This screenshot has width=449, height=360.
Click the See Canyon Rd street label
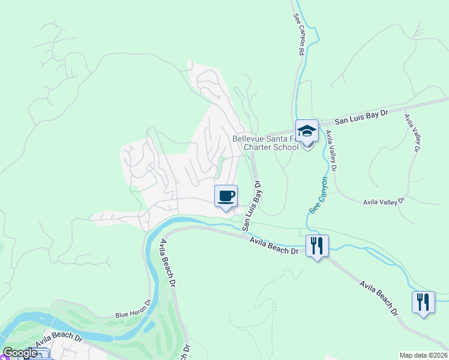[297, 36]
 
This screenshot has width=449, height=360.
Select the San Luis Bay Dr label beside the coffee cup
[253, 205]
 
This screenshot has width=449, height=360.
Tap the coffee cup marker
[226, 196]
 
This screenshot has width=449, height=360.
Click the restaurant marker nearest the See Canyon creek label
[316, 245]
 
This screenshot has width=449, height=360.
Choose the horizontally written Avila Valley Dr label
[385, 202]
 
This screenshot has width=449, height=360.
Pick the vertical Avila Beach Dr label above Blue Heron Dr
[167, 265]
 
